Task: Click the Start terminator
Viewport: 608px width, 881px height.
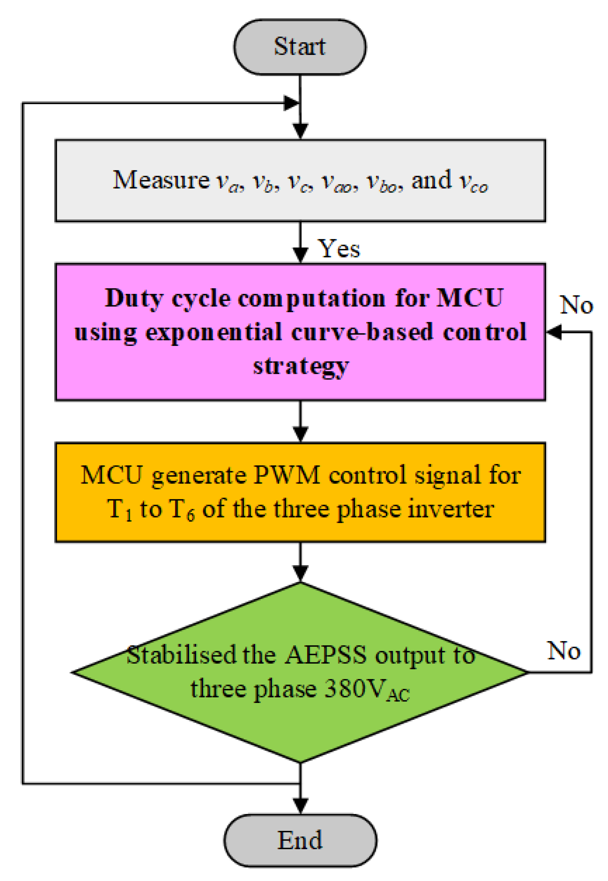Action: point(300,47)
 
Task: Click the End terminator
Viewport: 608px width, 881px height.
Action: point(300,840)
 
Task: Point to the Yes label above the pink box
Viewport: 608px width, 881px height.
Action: point(339,249)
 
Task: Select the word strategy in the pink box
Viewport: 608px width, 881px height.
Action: point(301,366)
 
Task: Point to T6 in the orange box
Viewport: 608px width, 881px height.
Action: point(182,510)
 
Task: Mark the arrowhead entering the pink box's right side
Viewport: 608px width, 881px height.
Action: point(553,332)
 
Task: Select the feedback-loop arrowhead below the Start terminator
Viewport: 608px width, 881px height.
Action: point(291,103)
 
